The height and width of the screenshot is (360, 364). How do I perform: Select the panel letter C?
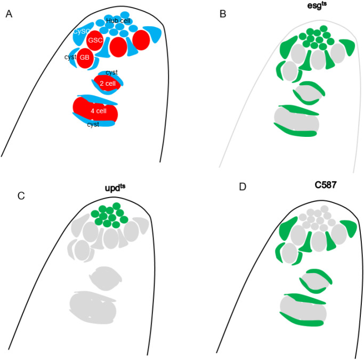pyautogui.click(x=21, y=195)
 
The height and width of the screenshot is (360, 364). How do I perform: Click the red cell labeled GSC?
pyautogui.click(x=95, y=40)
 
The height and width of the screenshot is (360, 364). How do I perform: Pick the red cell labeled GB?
pyautogui.click(x=84, y=58)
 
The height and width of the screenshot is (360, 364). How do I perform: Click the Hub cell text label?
pyautogui.click(x=118, y=21)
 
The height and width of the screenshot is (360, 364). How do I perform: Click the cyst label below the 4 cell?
pyautogui.click(x=93, y=125)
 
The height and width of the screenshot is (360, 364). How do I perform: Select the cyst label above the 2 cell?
pyautogui.click(x=111, y=72)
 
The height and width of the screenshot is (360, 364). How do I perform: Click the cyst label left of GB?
pyautogui.click(x=70, y=57)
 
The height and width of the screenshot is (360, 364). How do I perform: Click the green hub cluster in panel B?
pyautogui.click(x=318, y=36)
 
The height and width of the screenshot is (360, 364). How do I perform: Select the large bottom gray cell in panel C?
pyautogui.click(x=95, y=308)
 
